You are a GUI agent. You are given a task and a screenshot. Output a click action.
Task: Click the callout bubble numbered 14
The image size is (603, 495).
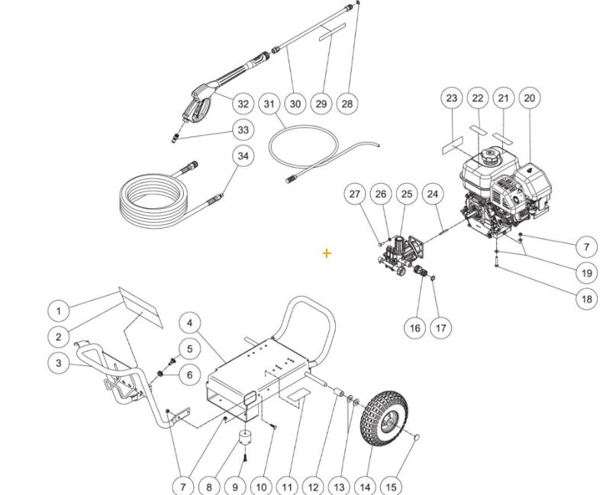(x=366, y=486)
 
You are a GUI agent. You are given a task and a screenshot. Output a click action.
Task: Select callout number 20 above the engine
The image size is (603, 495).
(x=530, y=98)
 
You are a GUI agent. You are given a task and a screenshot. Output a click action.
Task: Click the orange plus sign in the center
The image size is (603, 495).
(x=327, y=252)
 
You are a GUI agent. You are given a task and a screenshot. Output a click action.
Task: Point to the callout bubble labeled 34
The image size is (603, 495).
(x=243, y=156)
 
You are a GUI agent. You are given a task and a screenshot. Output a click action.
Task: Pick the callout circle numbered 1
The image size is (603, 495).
(x=59, y=310)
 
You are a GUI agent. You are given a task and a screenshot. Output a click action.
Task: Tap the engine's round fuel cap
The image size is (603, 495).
(x=487, y=159)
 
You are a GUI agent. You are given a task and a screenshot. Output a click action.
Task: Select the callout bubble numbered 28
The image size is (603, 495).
(x=347, y=104)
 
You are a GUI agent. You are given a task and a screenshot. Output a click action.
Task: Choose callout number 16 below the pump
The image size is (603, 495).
(x=414, y=328)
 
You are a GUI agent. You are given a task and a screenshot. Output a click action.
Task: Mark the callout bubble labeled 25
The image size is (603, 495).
(x=406, y=195)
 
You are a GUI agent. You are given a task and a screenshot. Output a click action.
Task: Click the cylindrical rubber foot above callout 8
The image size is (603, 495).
(x=246, y=440)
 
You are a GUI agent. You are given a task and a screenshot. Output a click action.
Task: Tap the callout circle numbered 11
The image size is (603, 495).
(x=286, y=486)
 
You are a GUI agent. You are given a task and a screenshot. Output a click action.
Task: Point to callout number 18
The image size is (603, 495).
(x=586, y=300)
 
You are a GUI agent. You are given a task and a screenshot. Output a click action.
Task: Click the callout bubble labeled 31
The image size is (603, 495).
(x=269, y=104)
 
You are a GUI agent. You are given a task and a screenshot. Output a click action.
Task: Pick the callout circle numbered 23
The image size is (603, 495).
(x=452, y=98)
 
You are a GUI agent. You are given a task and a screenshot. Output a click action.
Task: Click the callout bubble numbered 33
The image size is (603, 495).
(x=243, y=130)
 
